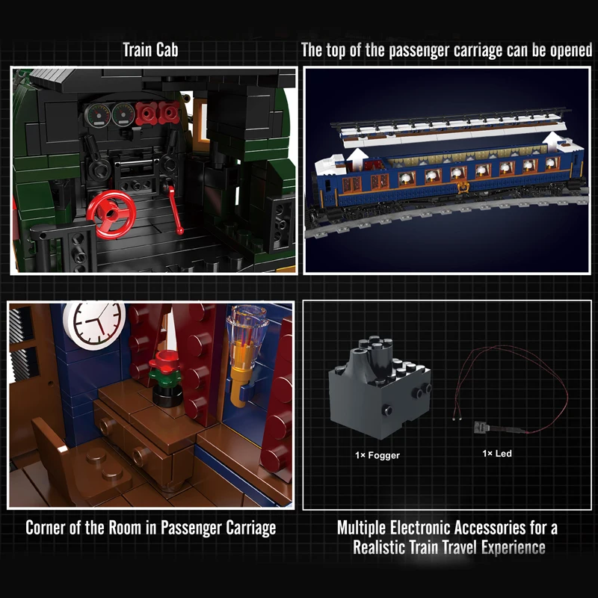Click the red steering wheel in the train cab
[x=111, y=215]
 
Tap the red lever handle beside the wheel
[x=175, y=209]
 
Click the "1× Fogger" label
[x=377, y=455]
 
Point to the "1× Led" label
[x=497, y=454]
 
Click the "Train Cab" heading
[x=150, y=50]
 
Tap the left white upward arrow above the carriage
[x=357, y=158]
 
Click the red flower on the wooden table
[x=164, y=361]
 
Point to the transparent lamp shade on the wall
[x=247, y=324]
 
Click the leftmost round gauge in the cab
[x=97, y=116]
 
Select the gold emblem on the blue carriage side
[x=463, y=187]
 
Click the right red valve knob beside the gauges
[x=169, y=113]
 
